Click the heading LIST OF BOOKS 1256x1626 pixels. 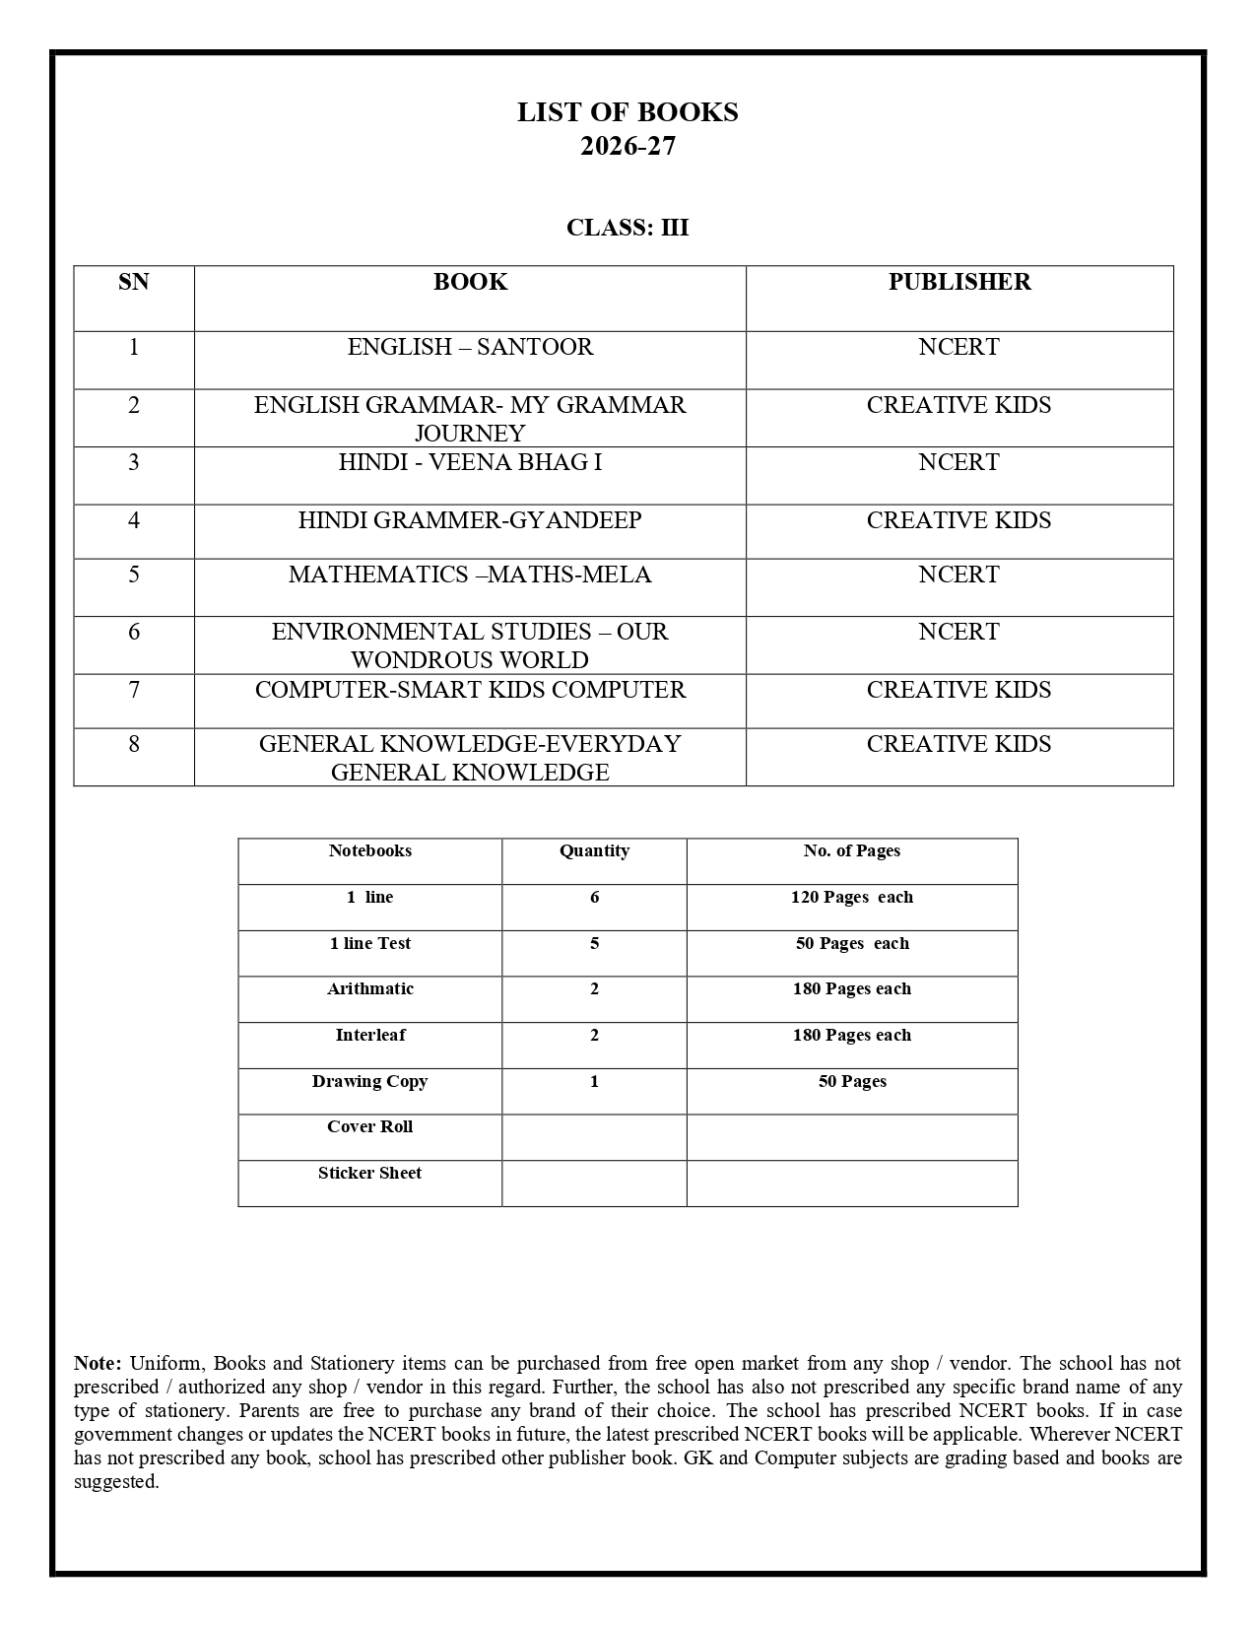click(x=628, y=112)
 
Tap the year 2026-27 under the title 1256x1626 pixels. click(x=628, y=146)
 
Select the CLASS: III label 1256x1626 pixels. click(x=628, y=228)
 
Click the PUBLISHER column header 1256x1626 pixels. click(x=959, y=282)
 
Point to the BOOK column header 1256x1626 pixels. click(x=470, y=282)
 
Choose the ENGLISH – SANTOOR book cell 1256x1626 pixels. click(x=470, y=347)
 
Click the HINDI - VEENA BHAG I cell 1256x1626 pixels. click(x=470, y=462)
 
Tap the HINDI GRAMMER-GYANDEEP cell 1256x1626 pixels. click(x=470, y=520)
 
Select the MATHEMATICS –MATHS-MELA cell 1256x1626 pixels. click(x=470, y=575)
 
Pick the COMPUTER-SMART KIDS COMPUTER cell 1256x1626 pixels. click(x=470, y=690)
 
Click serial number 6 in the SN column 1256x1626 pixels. click(x=134, y=632)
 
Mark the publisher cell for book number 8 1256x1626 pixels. click(x=959, y=744)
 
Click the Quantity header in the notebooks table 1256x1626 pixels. click(x=594, y=850)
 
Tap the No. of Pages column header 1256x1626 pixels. click(x=851, y=850)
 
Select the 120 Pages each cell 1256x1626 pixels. click(x=851, y=897)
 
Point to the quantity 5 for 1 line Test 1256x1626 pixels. click(x=594, y=943)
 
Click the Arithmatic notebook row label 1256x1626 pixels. click(x=369, y=988)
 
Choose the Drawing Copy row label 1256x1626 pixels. click(x=369, y=1081)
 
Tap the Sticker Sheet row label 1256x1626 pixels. click(x=369, y=1173)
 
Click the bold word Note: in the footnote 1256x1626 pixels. click(x=98, y=1364)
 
